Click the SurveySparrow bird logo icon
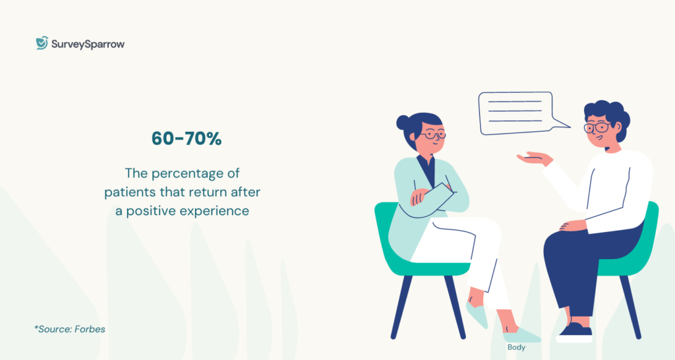42,44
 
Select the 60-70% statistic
187,139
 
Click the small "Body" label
516,347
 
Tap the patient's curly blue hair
608,113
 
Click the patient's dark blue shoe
575,328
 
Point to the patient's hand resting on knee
573,225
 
